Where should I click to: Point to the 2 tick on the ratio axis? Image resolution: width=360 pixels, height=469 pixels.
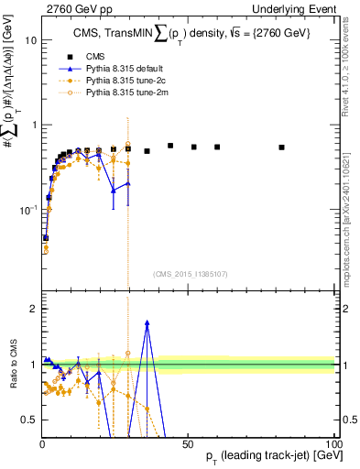coord(34,309)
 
